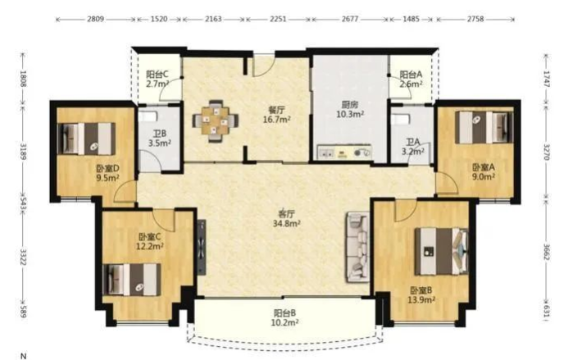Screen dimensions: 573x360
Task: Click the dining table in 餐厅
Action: coord(216,121)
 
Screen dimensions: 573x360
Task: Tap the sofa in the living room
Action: coord(357,247)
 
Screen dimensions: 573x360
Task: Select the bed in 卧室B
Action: coord(442,251)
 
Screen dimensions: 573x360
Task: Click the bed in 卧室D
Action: coord(87,139)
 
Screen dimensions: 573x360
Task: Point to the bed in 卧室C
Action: coord(132,280)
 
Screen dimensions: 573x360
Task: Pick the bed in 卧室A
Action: coord(484,127)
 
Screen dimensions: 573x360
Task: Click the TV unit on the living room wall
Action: coord(202,247)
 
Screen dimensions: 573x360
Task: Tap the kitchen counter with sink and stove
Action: coord(344,152)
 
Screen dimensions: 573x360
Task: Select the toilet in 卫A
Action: coord(400,119)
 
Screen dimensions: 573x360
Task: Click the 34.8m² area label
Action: coord(287,223)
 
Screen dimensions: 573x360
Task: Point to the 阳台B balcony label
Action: coord(284,313)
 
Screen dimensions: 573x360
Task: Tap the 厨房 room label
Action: coord(350,105)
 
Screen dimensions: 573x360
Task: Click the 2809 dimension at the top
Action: coord(95,19)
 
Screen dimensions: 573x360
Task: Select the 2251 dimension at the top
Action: coord(278,19)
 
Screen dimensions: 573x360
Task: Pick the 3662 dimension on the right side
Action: coord(547,252)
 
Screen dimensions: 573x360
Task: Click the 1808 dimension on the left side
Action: coord(24,79)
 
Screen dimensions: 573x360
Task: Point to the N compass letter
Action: coord(24,356)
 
